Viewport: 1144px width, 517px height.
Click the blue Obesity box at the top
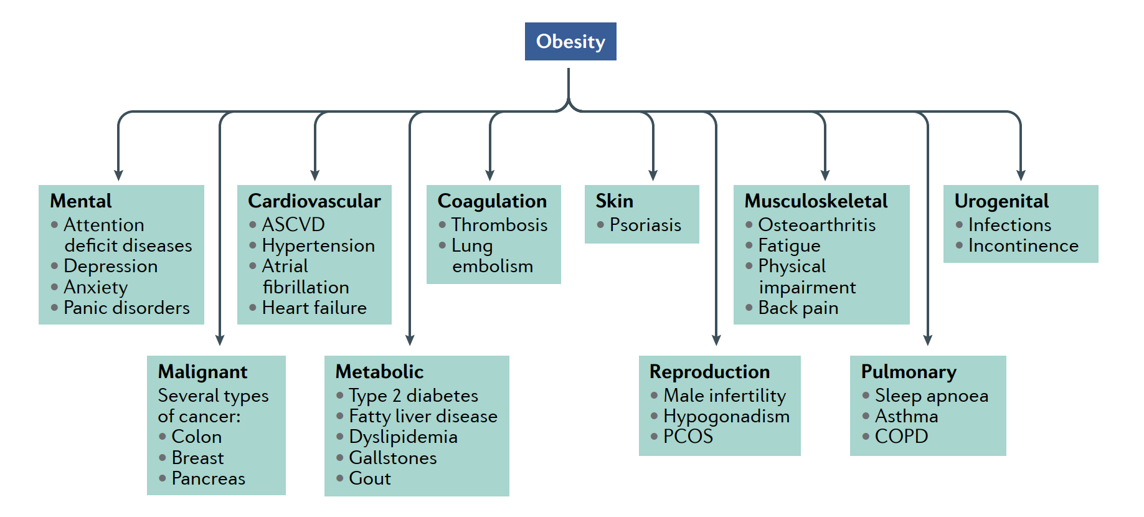point(570,41)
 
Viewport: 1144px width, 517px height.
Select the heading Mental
point(81,201)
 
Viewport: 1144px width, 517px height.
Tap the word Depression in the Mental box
point(111,266)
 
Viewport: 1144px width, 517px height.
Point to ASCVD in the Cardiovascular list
point(293,224)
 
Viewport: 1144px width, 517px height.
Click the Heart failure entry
point(314,308)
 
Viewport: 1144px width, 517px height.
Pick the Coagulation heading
point(492,201)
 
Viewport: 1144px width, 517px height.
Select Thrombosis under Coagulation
point(499,224)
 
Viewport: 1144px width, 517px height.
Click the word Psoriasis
point(645,224)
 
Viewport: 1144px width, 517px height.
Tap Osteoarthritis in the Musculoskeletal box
point(817,224)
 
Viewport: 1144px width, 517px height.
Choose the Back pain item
point(798,308)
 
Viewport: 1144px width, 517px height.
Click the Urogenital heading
point(1001,201)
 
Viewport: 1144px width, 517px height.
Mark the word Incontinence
point(1023,245)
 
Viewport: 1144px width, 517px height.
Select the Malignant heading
point(202,372)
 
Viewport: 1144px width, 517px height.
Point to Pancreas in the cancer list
point(209,478)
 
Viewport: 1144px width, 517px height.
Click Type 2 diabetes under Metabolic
point(414,396)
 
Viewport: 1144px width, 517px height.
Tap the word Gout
point(370,478)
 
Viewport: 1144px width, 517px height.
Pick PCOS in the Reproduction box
point(688,437)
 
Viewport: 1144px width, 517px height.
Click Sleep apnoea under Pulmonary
point(932,396)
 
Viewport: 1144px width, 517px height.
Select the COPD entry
point(901,437)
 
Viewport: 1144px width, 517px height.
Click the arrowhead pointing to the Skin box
point(653,176)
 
